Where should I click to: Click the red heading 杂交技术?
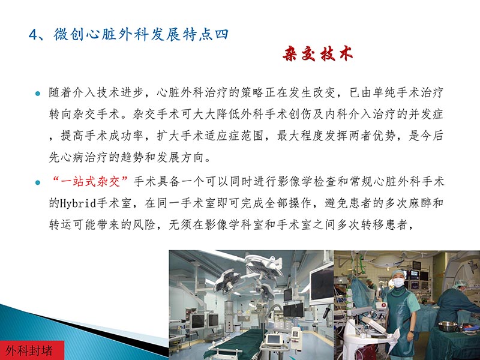(x=317, y=54)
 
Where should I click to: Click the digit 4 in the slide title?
(x=33, y=34)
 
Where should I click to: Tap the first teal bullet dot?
(x=37, y=94)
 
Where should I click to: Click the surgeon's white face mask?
(x=397, y=282)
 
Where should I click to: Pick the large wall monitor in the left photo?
(x=320, y=282)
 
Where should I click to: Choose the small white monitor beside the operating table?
(x=274, y=340)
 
